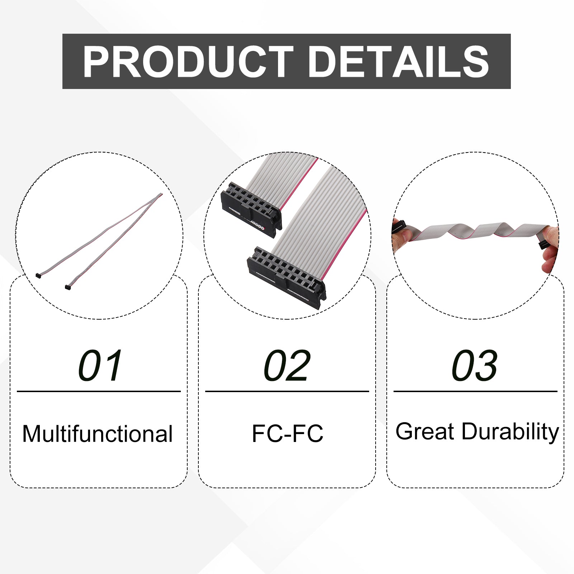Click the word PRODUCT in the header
188,62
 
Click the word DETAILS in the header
399,62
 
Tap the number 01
100,366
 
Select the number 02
287,366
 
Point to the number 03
475,366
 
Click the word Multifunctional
98,434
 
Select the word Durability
510,432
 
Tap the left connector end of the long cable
38,275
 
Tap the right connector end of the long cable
67,287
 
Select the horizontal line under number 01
99,391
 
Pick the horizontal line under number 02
287,391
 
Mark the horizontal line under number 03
475,391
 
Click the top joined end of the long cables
160,195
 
